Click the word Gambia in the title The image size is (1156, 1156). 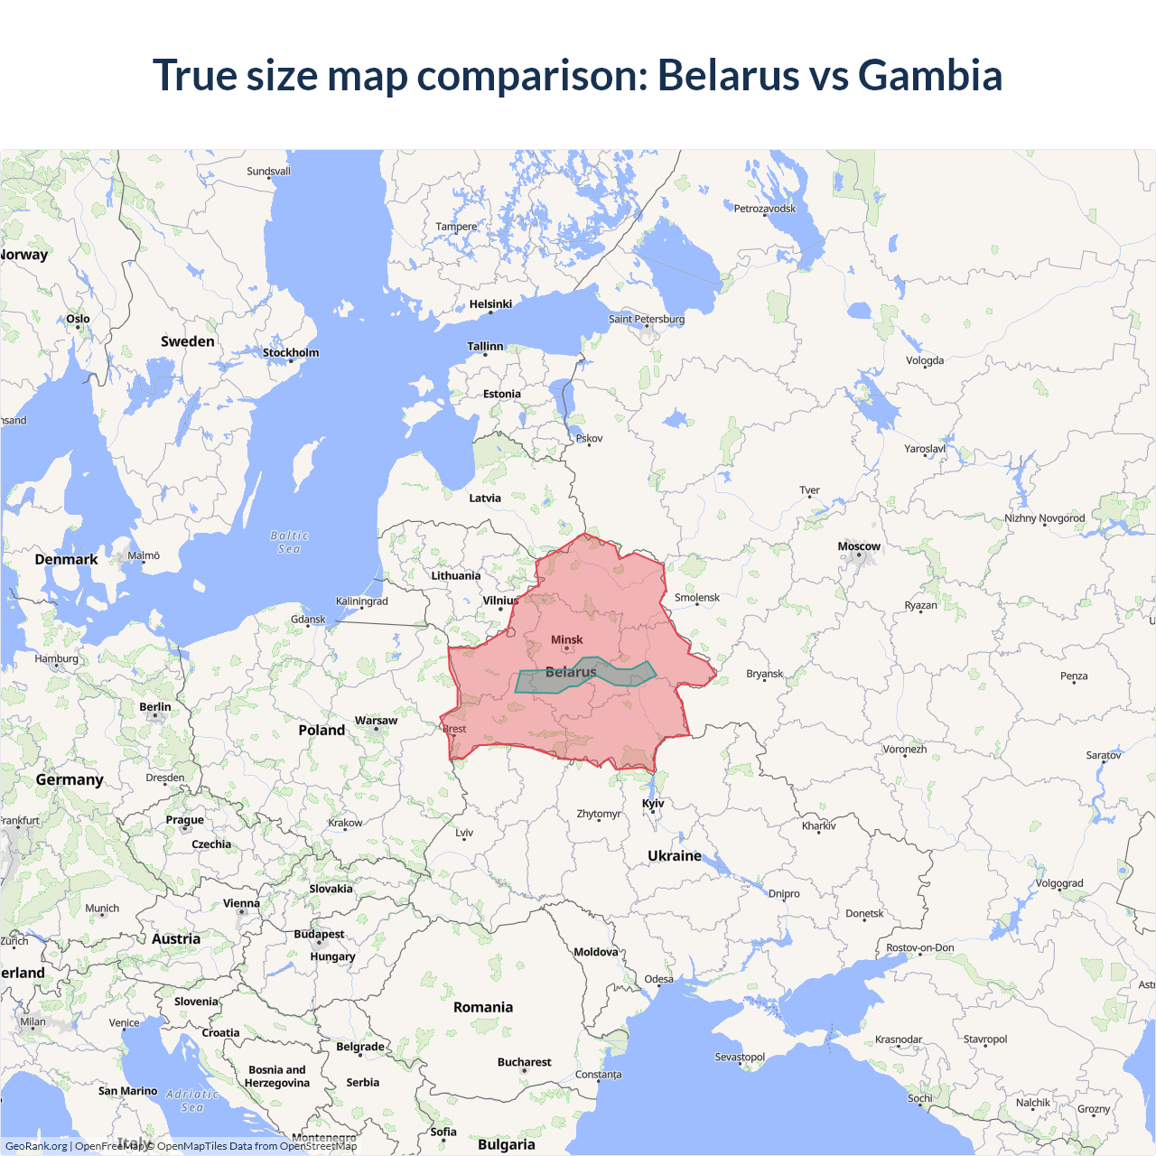(x=929, y=75)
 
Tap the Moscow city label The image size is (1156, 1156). (x=858, y=546)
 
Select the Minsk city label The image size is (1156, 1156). (x=566, y=639)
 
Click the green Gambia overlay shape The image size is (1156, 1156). (x=623, y=674)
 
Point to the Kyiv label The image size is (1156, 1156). (x=653, y=803)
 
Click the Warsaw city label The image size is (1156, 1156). (x=376, y=720)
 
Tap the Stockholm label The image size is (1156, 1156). (x=291, y=352)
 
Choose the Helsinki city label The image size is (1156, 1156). (x=490, y=304)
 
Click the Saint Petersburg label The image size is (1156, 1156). (x=647, y=319)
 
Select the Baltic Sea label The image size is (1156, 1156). (x=289, y=542)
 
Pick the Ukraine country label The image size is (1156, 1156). (x=675, y=855)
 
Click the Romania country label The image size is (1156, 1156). (x=483, y=1007)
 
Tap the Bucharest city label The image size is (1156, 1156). (x=524, y=1062)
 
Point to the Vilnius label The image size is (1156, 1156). (x=500, y=601)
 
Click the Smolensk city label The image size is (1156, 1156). (x=697, y=597)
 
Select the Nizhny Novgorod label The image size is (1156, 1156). (x=1045, y=518)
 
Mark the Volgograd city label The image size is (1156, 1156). (x=1059, y=883)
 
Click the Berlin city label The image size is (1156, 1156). (x=155, y=707)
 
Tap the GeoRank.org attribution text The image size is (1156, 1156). (x=36, y=1146)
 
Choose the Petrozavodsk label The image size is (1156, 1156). (x=765, y=209)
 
